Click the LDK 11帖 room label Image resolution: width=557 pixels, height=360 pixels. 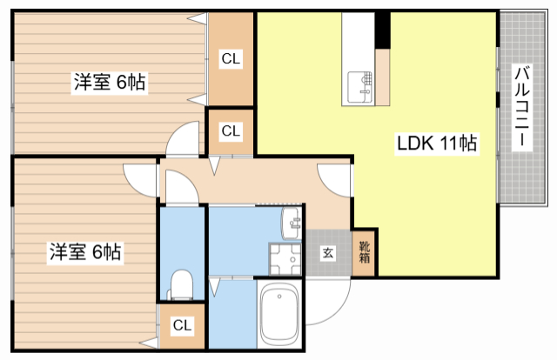tap(437, 143)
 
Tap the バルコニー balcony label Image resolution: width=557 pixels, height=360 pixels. tap(522, 106)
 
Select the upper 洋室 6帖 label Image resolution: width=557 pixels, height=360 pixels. tap(110, 83)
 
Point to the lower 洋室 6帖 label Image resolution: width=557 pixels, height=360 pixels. tap(85, 252)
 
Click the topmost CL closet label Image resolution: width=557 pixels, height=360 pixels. tap(231, 58)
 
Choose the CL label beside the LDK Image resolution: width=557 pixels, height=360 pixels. tap(231, 131)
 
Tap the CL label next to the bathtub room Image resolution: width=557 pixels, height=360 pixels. tap(182, 325)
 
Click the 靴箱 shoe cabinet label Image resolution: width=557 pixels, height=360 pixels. tap(365, 252)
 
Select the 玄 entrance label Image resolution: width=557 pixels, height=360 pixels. tap(328, 253)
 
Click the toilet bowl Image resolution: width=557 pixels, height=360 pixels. tap(182, 284)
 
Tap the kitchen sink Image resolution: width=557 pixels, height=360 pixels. tap(359, 87)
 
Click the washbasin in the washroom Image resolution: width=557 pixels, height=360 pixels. tap(292, 223)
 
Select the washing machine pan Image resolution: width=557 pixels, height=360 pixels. tap(285, 259)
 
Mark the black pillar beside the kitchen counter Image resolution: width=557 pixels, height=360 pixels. tap(383, 30)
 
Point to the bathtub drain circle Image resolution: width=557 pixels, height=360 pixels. tap(279, 297)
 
